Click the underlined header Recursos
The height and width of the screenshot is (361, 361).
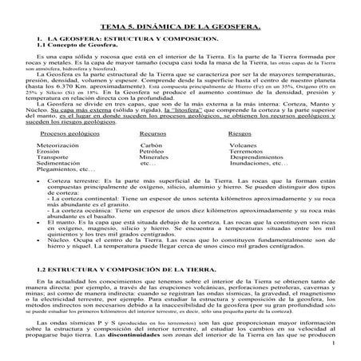point(153,133)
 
